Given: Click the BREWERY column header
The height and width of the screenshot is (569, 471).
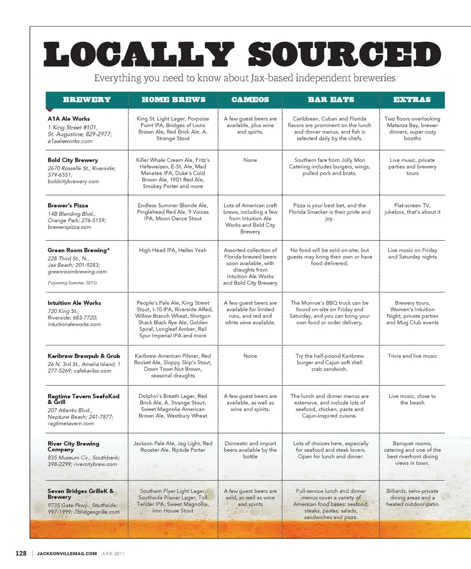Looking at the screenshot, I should pos(87,100).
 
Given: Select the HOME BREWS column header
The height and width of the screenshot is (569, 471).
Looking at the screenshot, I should pos(173,100).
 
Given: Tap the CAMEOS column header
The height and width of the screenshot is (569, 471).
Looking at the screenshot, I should pos(250,100).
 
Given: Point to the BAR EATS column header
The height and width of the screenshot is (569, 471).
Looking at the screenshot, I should pos(331,100).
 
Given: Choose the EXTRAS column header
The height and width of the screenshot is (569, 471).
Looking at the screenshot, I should pos(412,100).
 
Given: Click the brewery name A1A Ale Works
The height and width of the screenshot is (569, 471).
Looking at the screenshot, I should pos(69,119).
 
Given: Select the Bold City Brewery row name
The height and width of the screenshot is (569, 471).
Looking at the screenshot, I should pos(73,160).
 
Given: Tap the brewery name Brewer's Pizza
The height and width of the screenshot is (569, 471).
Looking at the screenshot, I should pos(68,206).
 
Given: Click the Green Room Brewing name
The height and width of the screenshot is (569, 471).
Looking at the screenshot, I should pos(78,250).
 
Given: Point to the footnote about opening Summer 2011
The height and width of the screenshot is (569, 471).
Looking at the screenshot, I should pos(72,283).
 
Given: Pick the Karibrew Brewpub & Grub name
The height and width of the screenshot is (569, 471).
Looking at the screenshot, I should pos(84,356).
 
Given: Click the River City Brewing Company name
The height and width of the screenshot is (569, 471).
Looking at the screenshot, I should pos(73,446).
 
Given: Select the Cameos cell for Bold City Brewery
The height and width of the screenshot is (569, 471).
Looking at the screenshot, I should pos(250,160).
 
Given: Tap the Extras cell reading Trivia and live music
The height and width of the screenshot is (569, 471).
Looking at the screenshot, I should pos(412,356).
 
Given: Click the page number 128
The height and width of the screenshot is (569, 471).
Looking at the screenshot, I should pos(21,553).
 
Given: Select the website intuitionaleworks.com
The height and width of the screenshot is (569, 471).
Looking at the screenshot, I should pos(74,324).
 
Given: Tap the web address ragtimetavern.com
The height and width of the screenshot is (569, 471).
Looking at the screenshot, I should pos(71,423).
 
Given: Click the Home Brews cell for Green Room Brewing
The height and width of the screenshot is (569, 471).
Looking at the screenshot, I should pos(173,250).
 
